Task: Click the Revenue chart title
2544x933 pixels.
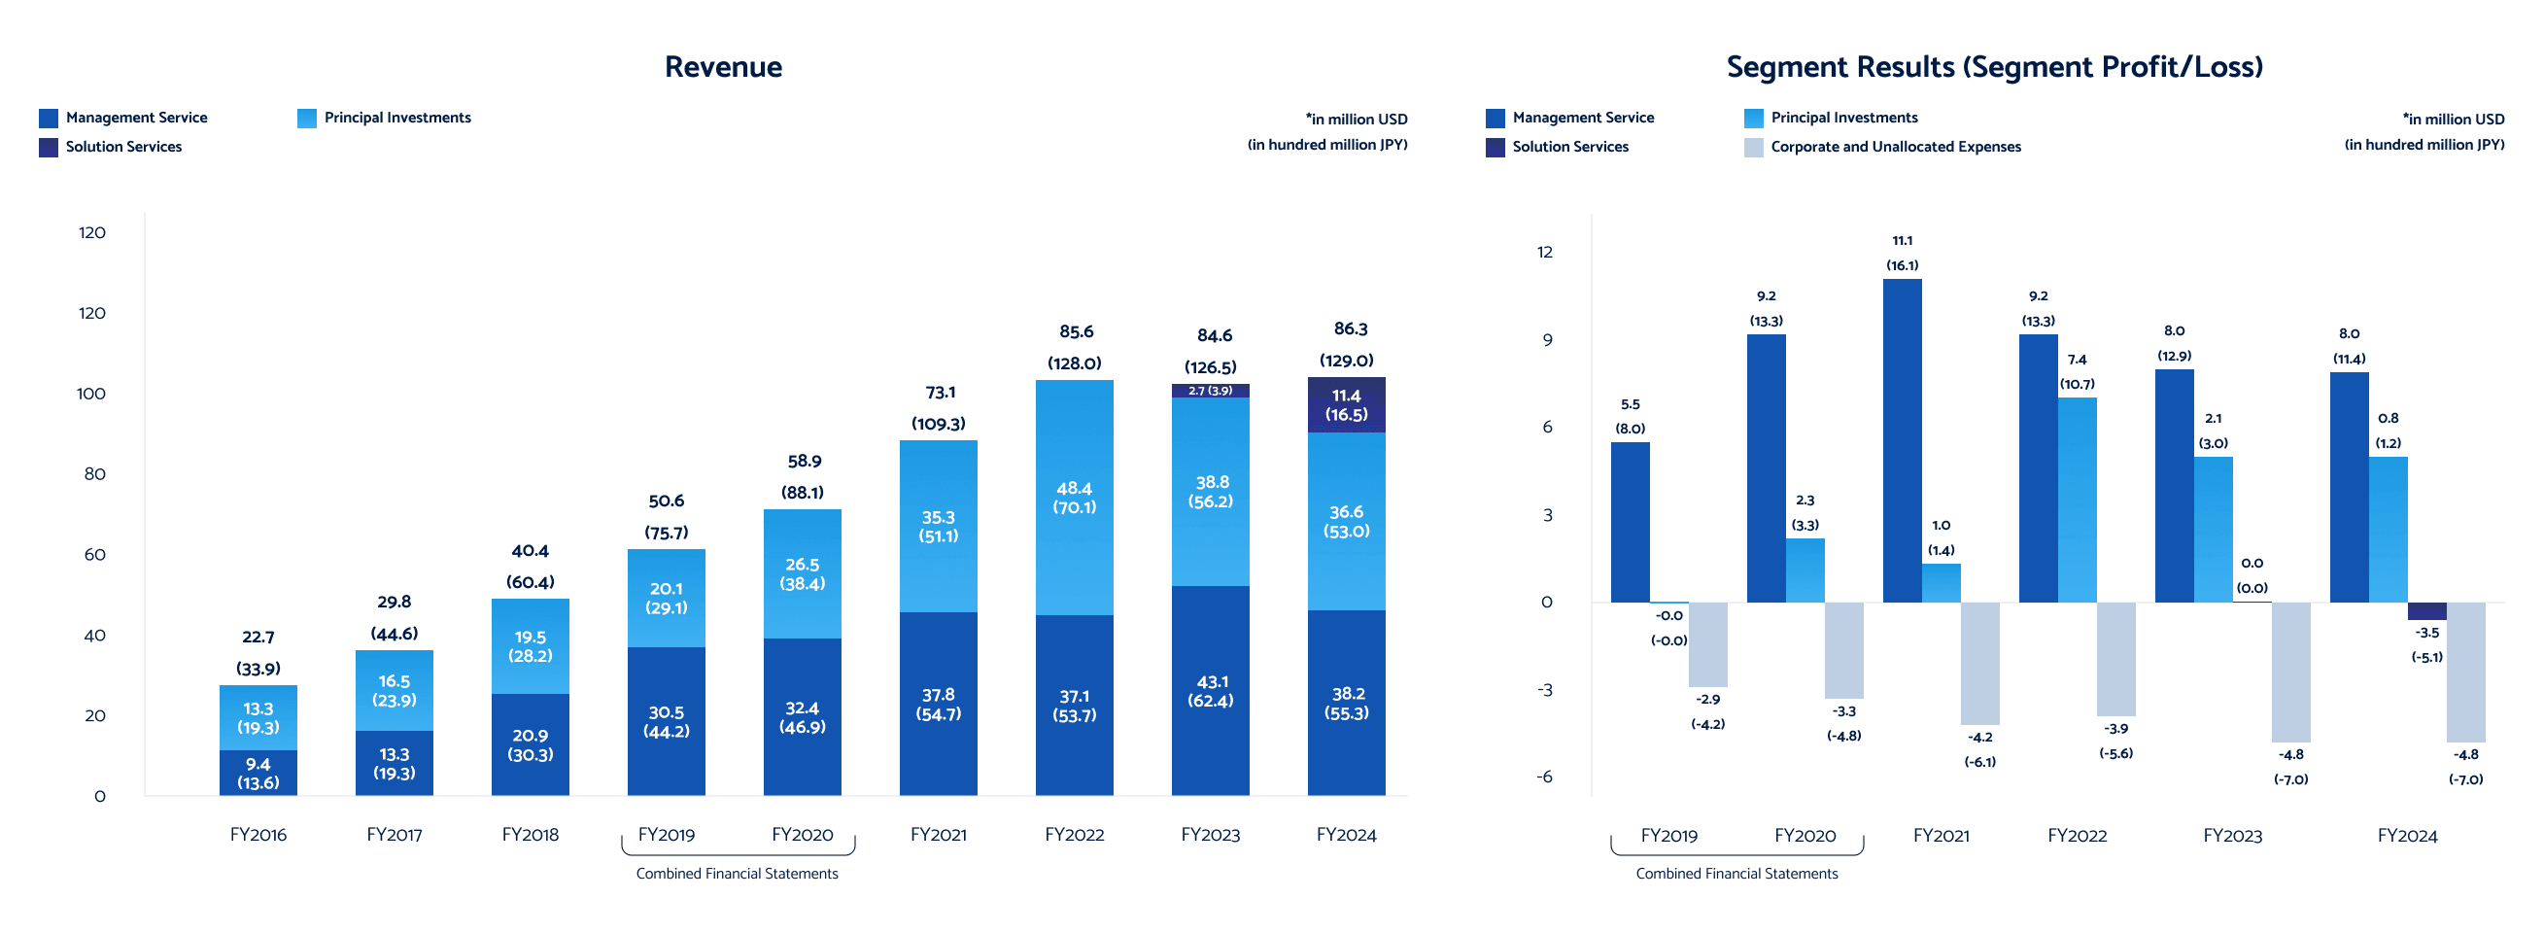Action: click(x=723, y=67)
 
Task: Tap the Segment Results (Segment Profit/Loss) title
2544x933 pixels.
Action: click(x=1994, y=67)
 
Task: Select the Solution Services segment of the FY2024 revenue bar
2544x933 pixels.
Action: click(x=1346, y=405)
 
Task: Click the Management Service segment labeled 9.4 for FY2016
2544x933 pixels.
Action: click(x=258, y=773)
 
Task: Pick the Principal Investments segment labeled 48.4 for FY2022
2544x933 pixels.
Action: click(x=1074, y=498)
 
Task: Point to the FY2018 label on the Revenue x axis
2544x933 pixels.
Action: click(x=531, y=835)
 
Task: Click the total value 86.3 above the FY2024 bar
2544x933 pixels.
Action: click(x=1350, y=329)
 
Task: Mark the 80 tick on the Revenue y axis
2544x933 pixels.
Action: click(x=94, y=475)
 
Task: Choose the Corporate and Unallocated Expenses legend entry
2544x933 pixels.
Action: click(x=1882, y=147)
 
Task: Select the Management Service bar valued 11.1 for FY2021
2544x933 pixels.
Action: click(x=1902, y=440)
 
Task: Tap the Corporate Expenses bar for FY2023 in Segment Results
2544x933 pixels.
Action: click(x=2290, y=672)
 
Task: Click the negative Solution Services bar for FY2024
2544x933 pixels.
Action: click(x=2426, y=611)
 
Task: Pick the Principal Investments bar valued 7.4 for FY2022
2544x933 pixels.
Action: click(x=2077, y=500)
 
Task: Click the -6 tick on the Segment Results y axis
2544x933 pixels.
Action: click(x=1545, y=777)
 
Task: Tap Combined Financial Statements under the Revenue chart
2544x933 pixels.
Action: click(x=737, y=874)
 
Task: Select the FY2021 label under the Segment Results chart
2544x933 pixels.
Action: click(x=1941, y=836)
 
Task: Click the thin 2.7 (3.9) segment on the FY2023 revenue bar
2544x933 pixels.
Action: click(x=1210, y=391)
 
